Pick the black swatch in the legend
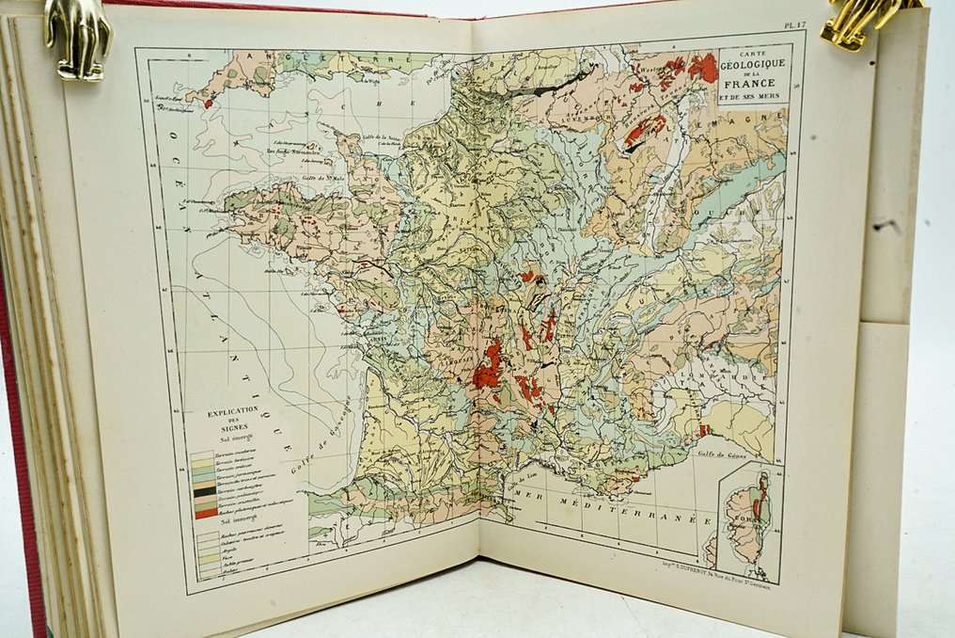(203, 490)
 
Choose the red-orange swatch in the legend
(203, 514)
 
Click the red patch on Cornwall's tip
(208, 104)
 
